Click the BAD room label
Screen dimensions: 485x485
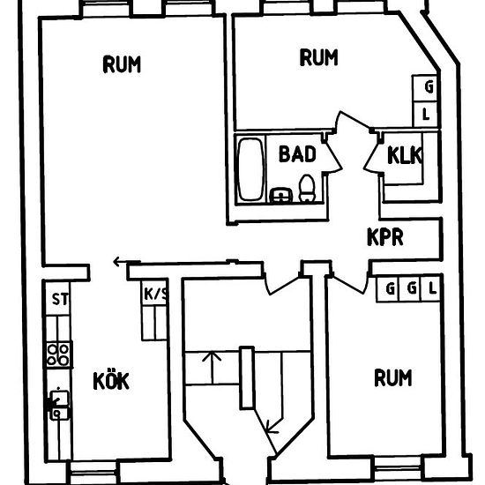pos(297,154)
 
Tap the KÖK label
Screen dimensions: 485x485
pos(111,381)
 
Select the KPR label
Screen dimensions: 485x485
pos(385,237)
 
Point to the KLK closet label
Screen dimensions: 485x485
pos(404,155)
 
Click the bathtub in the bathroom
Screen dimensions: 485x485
pos(250,169)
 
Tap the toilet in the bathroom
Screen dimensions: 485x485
pos(307,189)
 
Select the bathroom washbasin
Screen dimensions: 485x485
pos(280,195)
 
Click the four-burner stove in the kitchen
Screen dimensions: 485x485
pos(58,354)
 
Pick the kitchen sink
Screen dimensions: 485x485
pos(59,406)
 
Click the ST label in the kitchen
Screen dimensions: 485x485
pos(60,299)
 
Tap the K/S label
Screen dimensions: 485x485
pos(155,294)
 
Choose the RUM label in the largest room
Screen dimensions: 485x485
pos(122,64)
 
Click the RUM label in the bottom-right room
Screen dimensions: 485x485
pos(392,377)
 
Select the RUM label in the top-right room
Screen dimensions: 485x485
pos(318,57)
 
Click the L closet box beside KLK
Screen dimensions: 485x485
pos(426,115)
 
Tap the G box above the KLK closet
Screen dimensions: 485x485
pos(425,87)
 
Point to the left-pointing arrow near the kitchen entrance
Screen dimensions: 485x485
pos(126,262)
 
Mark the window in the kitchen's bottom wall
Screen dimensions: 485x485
pos(93,473)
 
